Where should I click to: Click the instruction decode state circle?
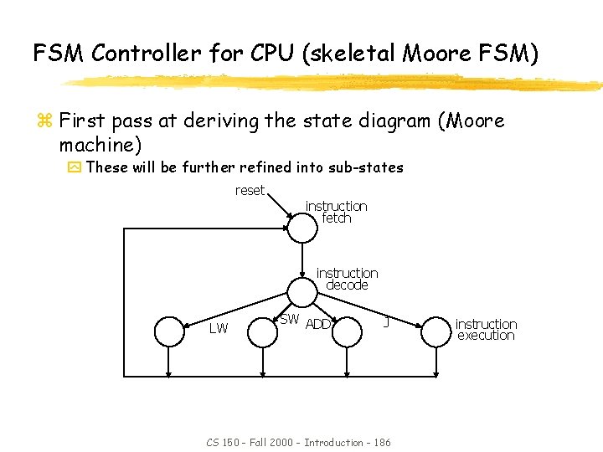click(301, 292)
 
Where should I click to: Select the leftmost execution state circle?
click(169, 331)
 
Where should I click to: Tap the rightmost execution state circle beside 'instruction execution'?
click(435, 331)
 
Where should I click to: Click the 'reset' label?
click(249, 190)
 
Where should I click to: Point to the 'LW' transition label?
click(218, 328)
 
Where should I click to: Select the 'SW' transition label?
click(289, 319)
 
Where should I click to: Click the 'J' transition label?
click(385, 321)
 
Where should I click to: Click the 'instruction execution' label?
click(486, 329)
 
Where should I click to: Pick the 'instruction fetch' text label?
click(336, 212)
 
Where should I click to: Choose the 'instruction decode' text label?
click(347, 279)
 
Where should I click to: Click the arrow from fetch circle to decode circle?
click(301, 260)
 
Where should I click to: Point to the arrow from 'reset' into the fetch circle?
click(280, 206)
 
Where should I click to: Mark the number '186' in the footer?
click(382, 442)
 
